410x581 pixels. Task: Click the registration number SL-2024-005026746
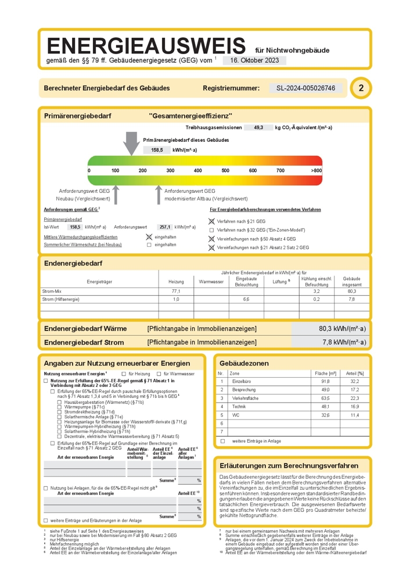click(306, 88)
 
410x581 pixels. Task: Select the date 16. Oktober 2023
click(254, 60)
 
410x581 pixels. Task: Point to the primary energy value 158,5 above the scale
click(157, 150)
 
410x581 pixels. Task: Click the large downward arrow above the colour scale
click(132, 143)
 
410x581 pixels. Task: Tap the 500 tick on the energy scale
click(225, 171)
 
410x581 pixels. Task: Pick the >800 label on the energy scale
click(316, 171)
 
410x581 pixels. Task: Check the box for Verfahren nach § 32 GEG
click(211, 230)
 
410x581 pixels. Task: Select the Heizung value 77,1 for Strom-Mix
click(176, 291)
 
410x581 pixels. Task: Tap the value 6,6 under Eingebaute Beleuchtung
click(246, 299)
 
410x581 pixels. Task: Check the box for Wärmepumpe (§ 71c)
click(59, 407)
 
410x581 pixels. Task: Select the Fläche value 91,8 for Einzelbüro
click(325, 381)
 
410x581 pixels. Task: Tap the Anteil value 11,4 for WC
click(354, 415)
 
